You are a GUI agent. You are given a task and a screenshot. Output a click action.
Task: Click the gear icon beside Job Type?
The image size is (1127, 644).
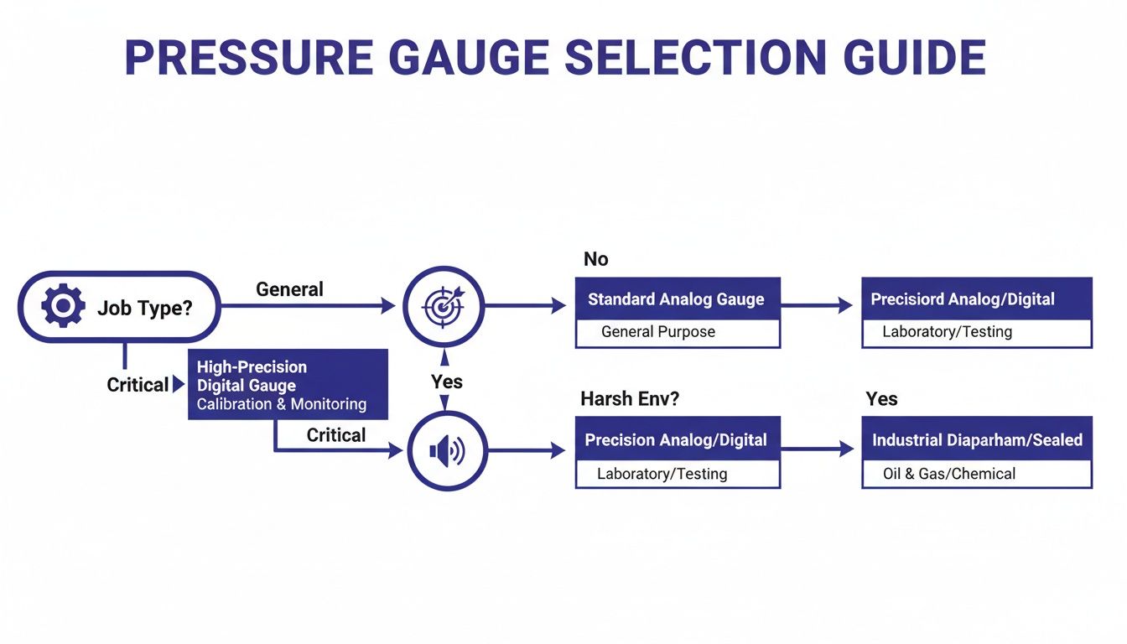coord(63,306)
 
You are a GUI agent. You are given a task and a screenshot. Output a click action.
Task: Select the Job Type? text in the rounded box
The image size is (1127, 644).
coord(144,308)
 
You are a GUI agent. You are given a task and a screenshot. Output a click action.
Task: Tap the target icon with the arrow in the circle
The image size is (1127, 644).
coord(444,306)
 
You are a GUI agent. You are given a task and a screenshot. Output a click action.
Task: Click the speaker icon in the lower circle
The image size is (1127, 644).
coord(445,451)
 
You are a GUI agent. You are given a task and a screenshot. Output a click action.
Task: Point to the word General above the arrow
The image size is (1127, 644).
coord(289,289)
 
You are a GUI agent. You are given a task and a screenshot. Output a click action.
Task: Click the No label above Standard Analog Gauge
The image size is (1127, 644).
coord(595,259)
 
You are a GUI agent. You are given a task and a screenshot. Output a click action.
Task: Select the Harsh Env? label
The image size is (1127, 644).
coord(630,399)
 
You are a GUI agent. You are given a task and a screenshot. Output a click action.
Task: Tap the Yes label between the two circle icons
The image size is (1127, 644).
coord(447,382)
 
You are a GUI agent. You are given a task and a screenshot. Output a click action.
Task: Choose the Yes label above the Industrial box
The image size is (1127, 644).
coord(881,399)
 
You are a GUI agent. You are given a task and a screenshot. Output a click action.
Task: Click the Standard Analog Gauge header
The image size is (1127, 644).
coord(676,299)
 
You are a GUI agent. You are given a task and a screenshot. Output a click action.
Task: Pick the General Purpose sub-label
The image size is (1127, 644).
coord(658,332)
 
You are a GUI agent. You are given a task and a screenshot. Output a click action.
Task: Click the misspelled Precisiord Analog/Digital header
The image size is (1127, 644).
coord(962,299)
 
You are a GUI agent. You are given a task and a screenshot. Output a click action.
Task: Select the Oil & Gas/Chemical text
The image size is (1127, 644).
coord(948,474)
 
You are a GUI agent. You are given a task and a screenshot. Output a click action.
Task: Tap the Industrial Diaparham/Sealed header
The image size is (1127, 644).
coord(977,440)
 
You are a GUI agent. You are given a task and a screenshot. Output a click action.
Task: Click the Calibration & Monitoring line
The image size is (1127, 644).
coord(281,404)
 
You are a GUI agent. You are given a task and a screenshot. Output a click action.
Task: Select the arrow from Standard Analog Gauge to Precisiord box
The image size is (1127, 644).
coord(820,306)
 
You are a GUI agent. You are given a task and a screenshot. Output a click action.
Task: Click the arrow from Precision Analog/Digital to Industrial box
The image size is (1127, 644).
coord(820,450)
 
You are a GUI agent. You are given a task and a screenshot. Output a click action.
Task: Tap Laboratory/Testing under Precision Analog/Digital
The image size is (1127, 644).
coord(662,474)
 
